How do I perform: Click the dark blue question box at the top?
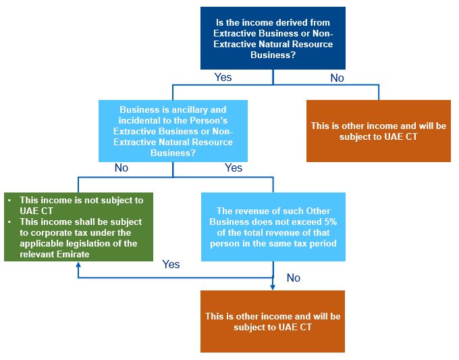tap(273, 38)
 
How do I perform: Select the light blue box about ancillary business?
tap(173, 131)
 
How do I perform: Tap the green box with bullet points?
tap(78, 227)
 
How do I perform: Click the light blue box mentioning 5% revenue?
tap(273, 227)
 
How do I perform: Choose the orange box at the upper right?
tap(378, 131)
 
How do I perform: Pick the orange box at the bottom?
tap(273, 322)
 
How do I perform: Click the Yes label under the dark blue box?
tap(223, 78)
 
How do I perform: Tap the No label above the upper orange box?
tap(337, 78)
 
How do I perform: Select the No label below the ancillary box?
tap(122, 168)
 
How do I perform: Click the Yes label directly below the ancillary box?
tap(233, 168)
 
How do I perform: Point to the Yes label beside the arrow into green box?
tap(171, 264)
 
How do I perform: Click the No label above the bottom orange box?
tap(293, 278)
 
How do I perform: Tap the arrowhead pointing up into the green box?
tap(78, 265)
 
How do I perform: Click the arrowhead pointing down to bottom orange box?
tap(273, 287)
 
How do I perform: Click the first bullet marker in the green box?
tap(9, 201)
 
